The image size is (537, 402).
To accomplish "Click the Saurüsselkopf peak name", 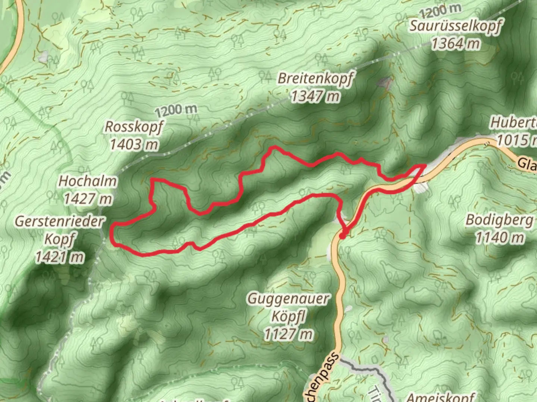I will [455, 26].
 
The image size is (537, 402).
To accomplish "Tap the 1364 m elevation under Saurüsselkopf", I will [455, 44].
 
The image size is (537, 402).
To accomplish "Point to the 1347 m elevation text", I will [315, 96].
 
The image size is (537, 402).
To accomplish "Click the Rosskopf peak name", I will [134, 127].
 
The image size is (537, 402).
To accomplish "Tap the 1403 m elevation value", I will [134, 144].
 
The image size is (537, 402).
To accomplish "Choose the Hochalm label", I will [88, 182].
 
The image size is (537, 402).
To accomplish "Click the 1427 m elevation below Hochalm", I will [88, 199].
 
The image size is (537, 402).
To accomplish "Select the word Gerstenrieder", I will [59, 222].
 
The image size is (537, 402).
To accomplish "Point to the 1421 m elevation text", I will [60, 257].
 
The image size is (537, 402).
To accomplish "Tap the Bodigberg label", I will [499, 220].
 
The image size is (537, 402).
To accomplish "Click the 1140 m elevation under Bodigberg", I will [499, 237].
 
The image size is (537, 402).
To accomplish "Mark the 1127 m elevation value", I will [288, 334].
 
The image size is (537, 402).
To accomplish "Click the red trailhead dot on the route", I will [343, 235].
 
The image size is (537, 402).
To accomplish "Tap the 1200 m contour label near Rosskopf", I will [176, 110].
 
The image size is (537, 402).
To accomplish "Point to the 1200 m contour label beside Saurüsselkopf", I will [440, 11].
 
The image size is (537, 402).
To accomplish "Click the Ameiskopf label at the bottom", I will [441, 397].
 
